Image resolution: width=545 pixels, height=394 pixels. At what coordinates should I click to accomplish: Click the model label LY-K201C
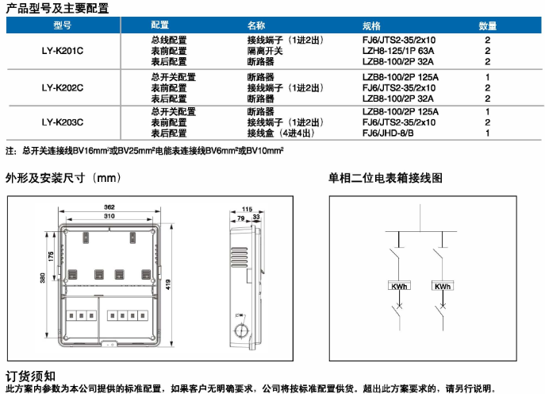click(x=63, y=50)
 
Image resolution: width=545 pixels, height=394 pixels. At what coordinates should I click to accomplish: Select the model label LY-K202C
click(x=63, y=88)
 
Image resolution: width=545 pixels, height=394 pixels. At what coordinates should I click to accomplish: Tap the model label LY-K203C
click(x=63, y=122)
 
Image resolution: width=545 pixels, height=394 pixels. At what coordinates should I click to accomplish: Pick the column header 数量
click(x=487, y=25)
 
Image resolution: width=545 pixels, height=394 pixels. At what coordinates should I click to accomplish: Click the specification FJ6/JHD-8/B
click(x=388, y=133)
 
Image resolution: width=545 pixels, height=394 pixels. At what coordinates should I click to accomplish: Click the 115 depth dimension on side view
click(x=247, y=208)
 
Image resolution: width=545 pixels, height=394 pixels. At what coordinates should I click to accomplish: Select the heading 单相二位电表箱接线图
click(x=386, y=178)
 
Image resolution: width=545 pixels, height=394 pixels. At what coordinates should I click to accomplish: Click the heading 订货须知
click(x=30, y=375)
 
